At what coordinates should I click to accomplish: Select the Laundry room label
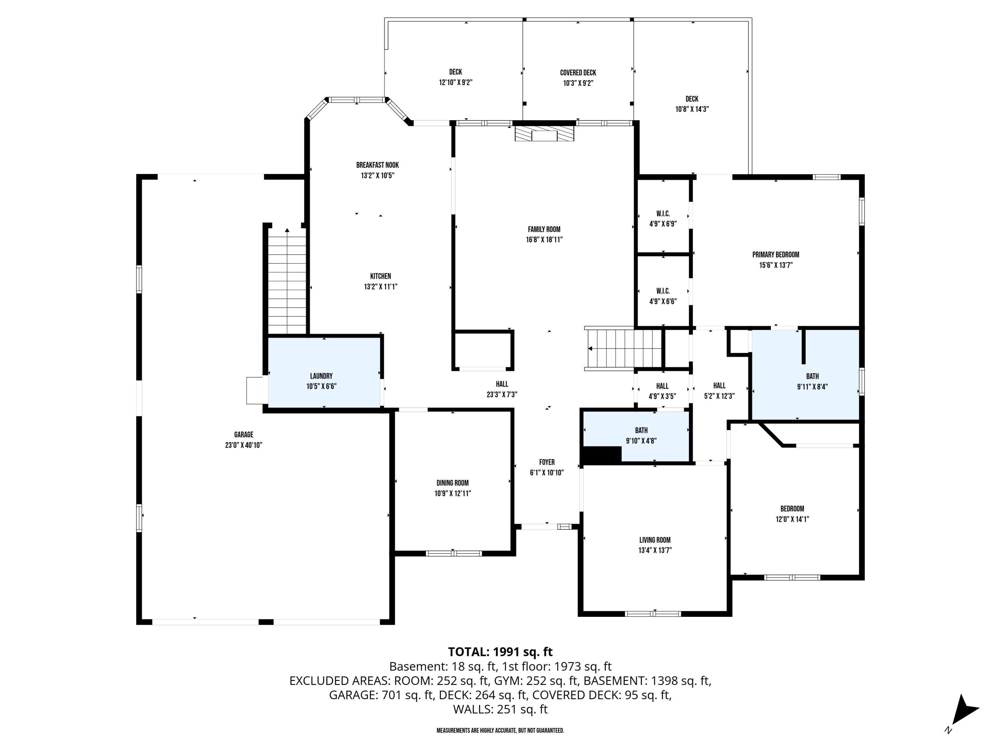pos(321,376)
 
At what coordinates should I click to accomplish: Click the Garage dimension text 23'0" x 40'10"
pos(244,445)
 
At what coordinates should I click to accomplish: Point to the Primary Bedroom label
pos(776,254)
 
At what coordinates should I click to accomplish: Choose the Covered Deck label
pos(578,72)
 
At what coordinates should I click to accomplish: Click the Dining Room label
pos(452,483)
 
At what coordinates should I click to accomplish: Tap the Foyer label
pos(547,462)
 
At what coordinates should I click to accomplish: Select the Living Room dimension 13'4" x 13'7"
pos(655,550)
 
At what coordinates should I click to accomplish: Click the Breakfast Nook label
pos(377,165)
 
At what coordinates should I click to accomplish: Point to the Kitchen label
pos(381,276)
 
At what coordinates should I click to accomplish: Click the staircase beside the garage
pos(287,281)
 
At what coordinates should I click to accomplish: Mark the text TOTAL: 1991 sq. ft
pos(500,652)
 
